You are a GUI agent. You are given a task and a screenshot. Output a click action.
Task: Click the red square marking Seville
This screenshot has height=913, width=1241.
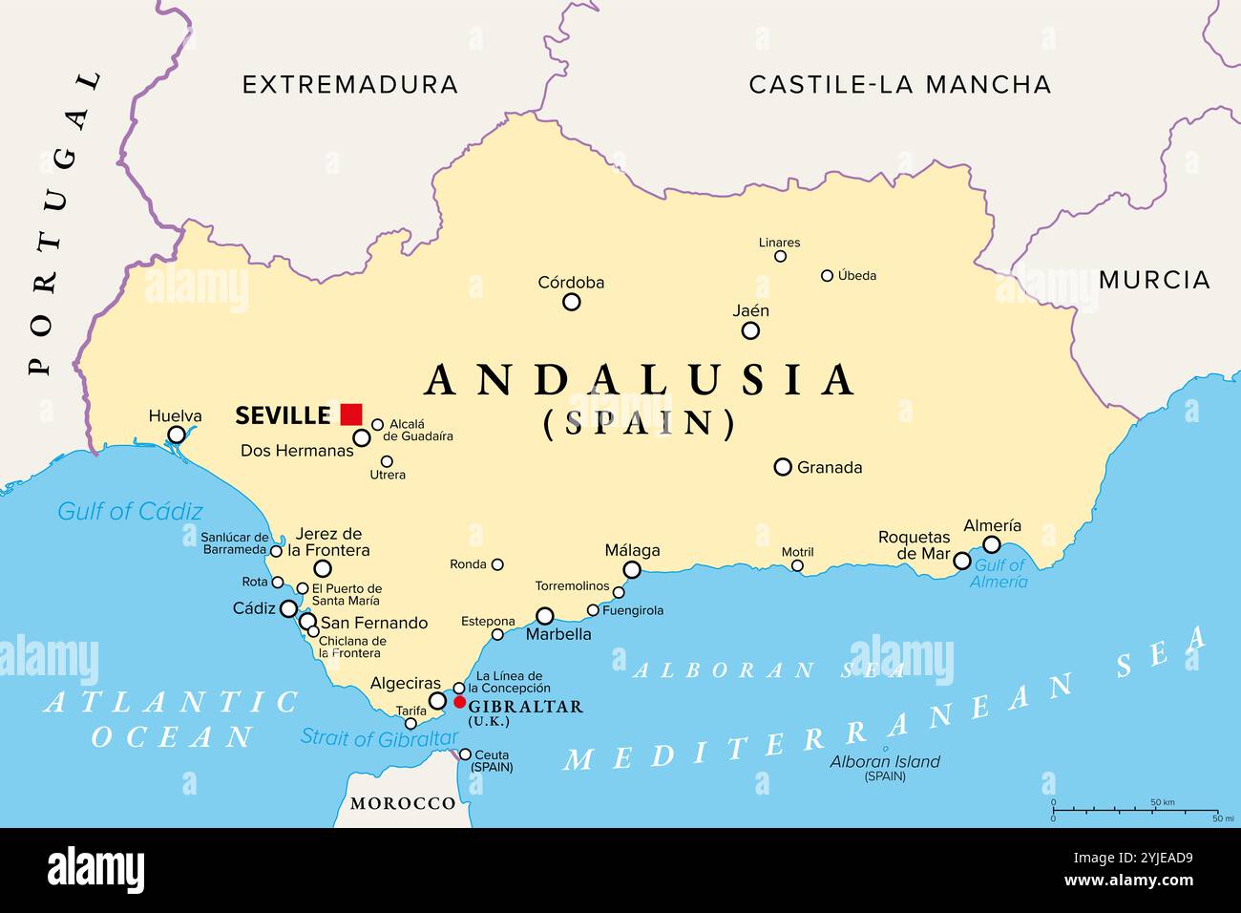[351, 414]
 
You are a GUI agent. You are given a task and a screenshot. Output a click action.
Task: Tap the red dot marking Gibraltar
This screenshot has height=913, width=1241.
[459, 703]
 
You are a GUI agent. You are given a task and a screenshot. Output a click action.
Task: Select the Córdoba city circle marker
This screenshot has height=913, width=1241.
[571, 302]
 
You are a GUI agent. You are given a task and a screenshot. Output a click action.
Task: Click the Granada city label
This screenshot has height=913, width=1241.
[830, 467]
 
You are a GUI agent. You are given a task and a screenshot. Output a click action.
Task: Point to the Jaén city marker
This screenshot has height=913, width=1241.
[750, 330]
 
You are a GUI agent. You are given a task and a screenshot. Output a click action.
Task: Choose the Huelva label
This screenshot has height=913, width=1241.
[175, 415]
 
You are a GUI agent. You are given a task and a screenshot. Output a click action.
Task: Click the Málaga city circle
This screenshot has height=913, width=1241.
[632, 570]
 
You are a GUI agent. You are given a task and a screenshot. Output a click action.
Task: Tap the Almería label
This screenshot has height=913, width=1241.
[992, 525]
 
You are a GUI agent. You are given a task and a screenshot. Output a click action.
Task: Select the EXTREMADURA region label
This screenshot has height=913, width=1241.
[349, 84]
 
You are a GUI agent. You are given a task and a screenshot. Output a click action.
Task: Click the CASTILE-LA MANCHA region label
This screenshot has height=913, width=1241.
[899, 84]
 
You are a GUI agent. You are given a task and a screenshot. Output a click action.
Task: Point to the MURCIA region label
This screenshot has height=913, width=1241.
[1154, 280]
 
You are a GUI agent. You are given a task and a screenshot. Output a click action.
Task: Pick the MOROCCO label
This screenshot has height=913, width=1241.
[402, 803]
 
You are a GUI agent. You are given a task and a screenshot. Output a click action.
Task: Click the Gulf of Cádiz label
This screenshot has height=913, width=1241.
[130, 511]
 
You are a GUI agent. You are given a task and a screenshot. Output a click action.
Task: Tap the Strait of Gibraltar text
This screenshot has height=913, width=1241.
[379, 738]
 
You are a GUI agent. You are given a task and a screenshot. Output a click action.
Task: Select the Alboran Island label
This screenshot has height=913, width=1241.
[884, 762]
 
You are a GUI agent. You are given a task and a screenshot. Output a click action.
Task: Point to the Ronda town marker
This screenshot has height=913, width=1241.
[497, 564]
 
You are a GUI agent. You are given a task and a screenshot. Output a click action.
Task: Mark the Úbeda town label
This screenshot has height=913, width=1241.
[856, 275]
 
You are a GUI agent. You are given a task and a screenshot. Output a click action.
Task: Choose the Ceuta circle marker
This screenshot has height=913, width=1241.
[465, 754]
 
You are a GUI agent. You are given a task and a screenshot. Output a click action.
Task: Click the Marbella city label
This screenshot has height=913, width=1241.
[558, 634]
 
